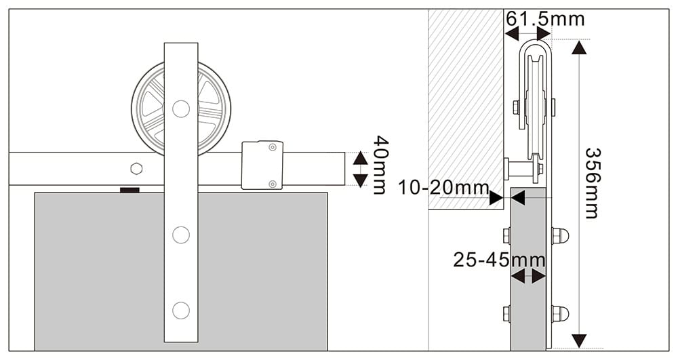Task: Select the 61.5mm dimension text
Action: coord(545,18)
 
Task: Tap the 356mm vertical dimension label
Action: coord(591,182)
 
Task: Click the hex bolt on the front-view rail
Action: coord(136,167)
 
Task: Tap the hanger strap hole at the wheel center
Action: coord(180,108)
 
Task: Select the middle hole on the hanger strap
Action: coord(180,235)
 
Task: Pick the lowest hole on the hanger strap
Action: coord(180,310)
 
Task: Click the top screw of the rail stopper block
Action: coord(272,147)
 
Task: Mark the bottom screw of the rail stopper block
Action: coord(272,184)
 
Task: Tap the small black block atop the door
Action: coord(130,190)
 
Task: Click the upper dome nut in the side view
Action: coord(560,235)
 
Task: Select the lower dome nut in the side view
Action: coord(560,314)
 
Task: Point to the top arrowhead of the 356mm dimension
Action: coord(578,47)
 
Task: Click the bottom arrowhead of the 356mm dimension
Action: coord(578,340)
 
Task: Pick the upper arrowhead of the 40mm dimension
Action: coord(360,157)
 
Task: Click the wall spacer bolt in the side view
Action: coord(521,166)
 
